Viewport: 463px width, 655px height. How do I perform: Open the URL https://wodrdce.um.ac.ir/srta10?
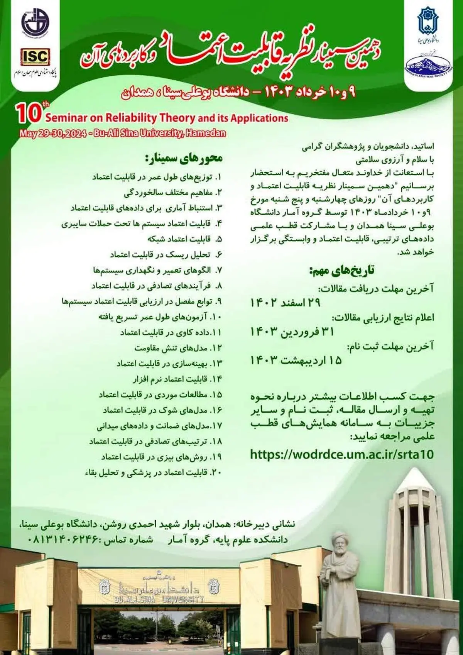pos(342,454)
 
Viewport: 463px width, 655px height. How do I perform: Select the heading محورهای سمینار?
pos(184,158)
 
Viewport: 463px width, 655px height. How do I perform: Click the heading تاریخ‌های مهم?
pos(342,270)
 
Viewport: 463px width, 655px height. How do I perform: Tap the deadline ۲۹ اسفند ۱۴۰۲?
pos(286,303)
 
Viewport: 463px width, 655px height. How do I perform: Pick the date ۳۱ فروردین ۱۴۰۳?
pos(292,332)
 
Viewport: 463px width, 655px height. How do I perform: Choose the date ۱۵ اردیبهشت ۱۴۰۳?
pos(296,360)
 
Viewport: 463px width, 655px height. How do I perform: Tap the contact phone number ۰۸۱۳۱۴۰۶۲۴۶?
pos(64,539)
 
